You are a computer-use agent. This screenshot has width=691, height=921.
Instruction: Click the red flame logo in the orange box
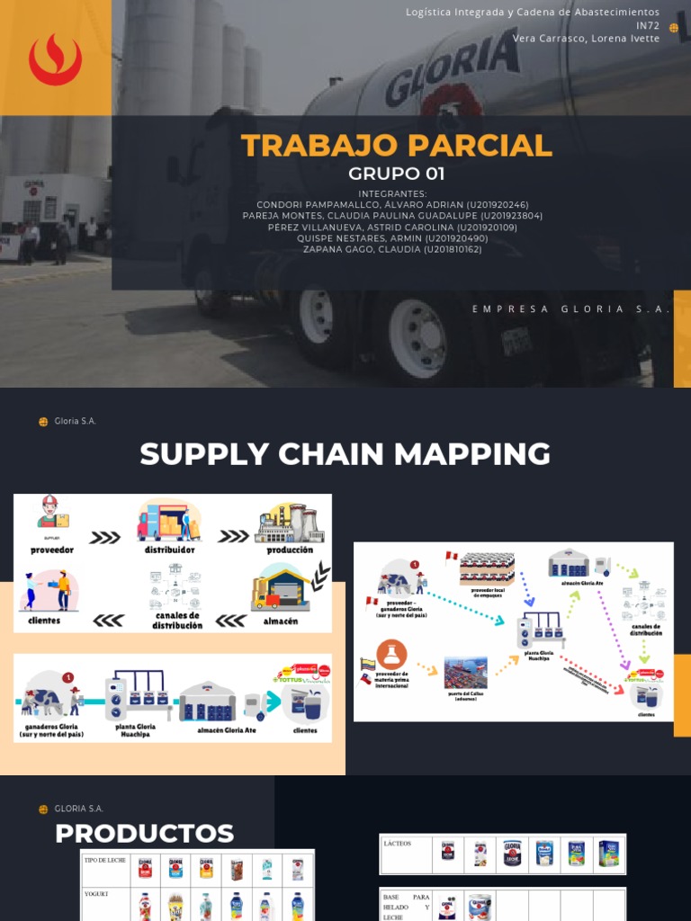(x=55, y=59)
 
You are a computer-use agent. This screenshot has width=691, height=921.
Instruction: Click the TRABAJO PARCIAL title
(x=396, y=146)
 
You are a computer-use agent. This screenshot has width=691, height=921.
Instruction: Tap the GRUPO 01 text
(x=396, y=174)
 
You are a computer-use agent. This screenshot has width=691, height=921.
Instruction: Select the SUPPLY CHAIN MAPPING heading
(x=345, y=454)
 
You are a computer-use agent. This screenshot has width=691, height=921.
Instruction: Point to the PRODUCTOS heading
(x=144, y=834)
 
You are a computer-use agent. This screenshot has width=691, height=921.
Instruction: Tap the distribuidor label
(x=169, y=550)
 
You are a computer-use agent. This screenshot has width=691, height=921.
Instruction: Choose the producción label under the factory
(x=290, y=550)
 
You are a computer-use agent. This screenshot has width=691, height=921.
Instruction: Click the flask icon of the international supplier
(x=391, y=654)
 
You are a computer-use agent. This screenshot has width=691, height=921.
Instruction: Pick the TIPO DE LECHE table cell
(x=104, y=862)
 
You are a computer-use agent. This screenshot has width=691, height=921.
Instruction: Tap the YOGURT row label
(x=96, y=895)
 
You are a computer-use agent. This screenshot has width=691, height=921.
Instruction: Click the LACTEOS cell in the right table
(x=397, y=844)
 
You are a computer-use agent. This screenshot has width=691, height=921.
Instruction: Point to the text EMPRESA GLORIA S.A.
(x=571, y=308)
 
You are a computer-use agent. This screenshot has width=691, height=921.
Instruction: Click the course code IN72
(x=647, y=25)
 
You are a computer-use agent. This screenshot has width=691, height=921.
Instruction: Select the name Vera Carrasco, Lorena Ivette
(x=586, y=38)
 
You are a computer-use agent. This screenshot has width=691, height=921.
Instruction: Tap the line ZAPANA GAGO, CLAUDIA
(x=392, y=249)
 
